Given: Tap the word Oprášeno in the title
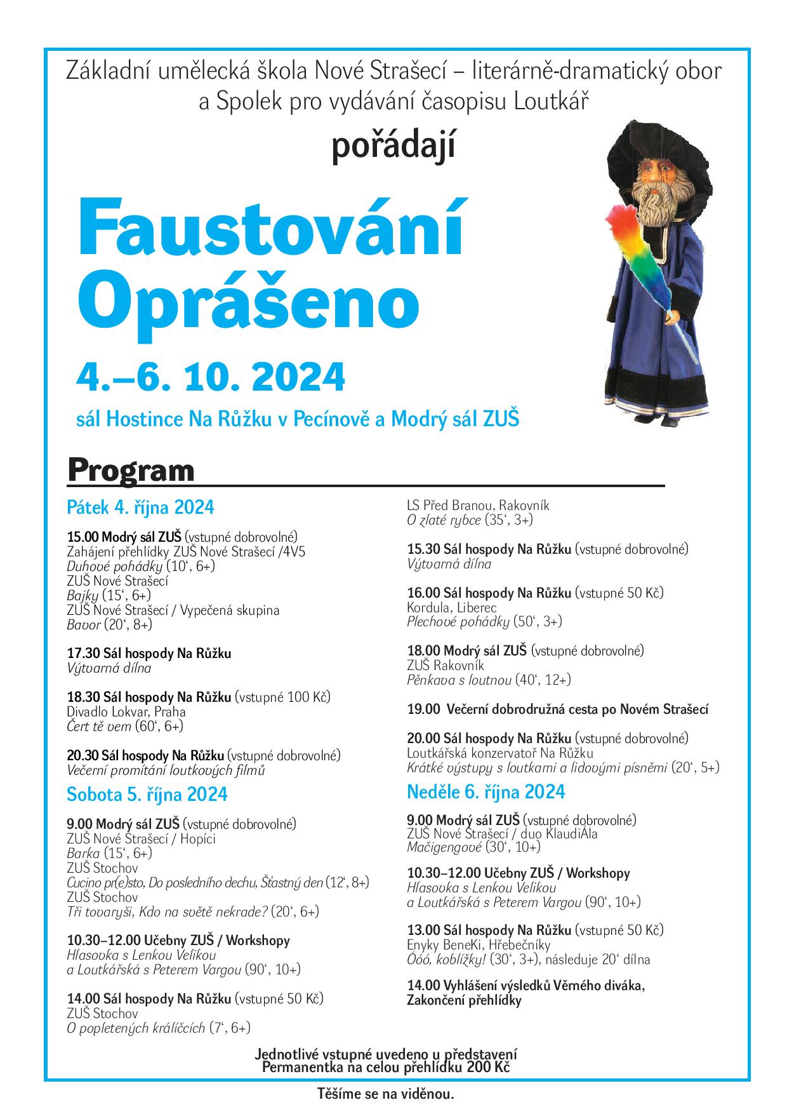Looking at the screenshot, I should (x=253, y=302).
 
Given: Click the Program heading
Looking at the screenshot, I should (x=131, y=471).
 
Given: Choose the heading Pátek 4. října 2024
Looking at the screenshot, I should (x=140, y=507).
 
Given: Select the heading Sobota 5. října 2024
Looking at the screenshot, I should (x=147, y=795).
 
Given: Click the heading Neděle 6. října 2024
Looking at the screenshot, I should (x=486, y=792).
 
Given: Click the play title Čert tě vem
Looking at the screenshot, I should (x=98, y=726).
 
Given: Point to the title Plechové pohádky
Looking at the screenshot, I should (x=458, y=621).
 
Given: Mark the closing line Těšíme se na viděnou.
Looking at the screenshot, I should (x=386, y=1094).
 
